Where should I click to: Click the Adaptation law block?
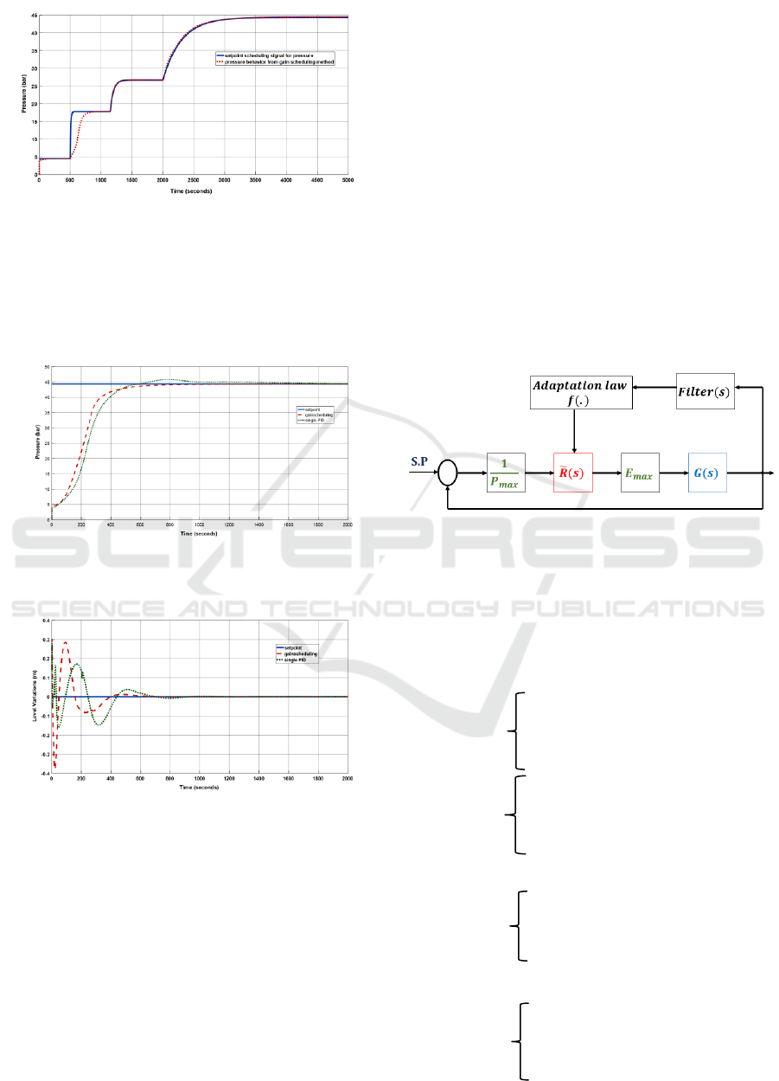[x=581, y=394]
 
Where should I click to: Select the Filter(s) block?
[x=706, y=391]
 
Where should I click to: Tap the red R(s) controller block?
[x=573, y=473]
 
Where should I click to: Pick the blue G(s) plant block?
[x=707, y=473]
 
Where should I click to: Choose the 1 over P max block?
[x=506, y=473]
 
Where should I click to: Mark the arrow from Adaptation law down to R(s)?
[x=574, y=432]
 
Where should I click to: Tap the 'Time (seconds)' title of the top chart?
[x=192, y=189]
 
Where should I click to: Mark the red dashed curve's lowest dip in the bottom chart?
[x=55, y=767]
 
